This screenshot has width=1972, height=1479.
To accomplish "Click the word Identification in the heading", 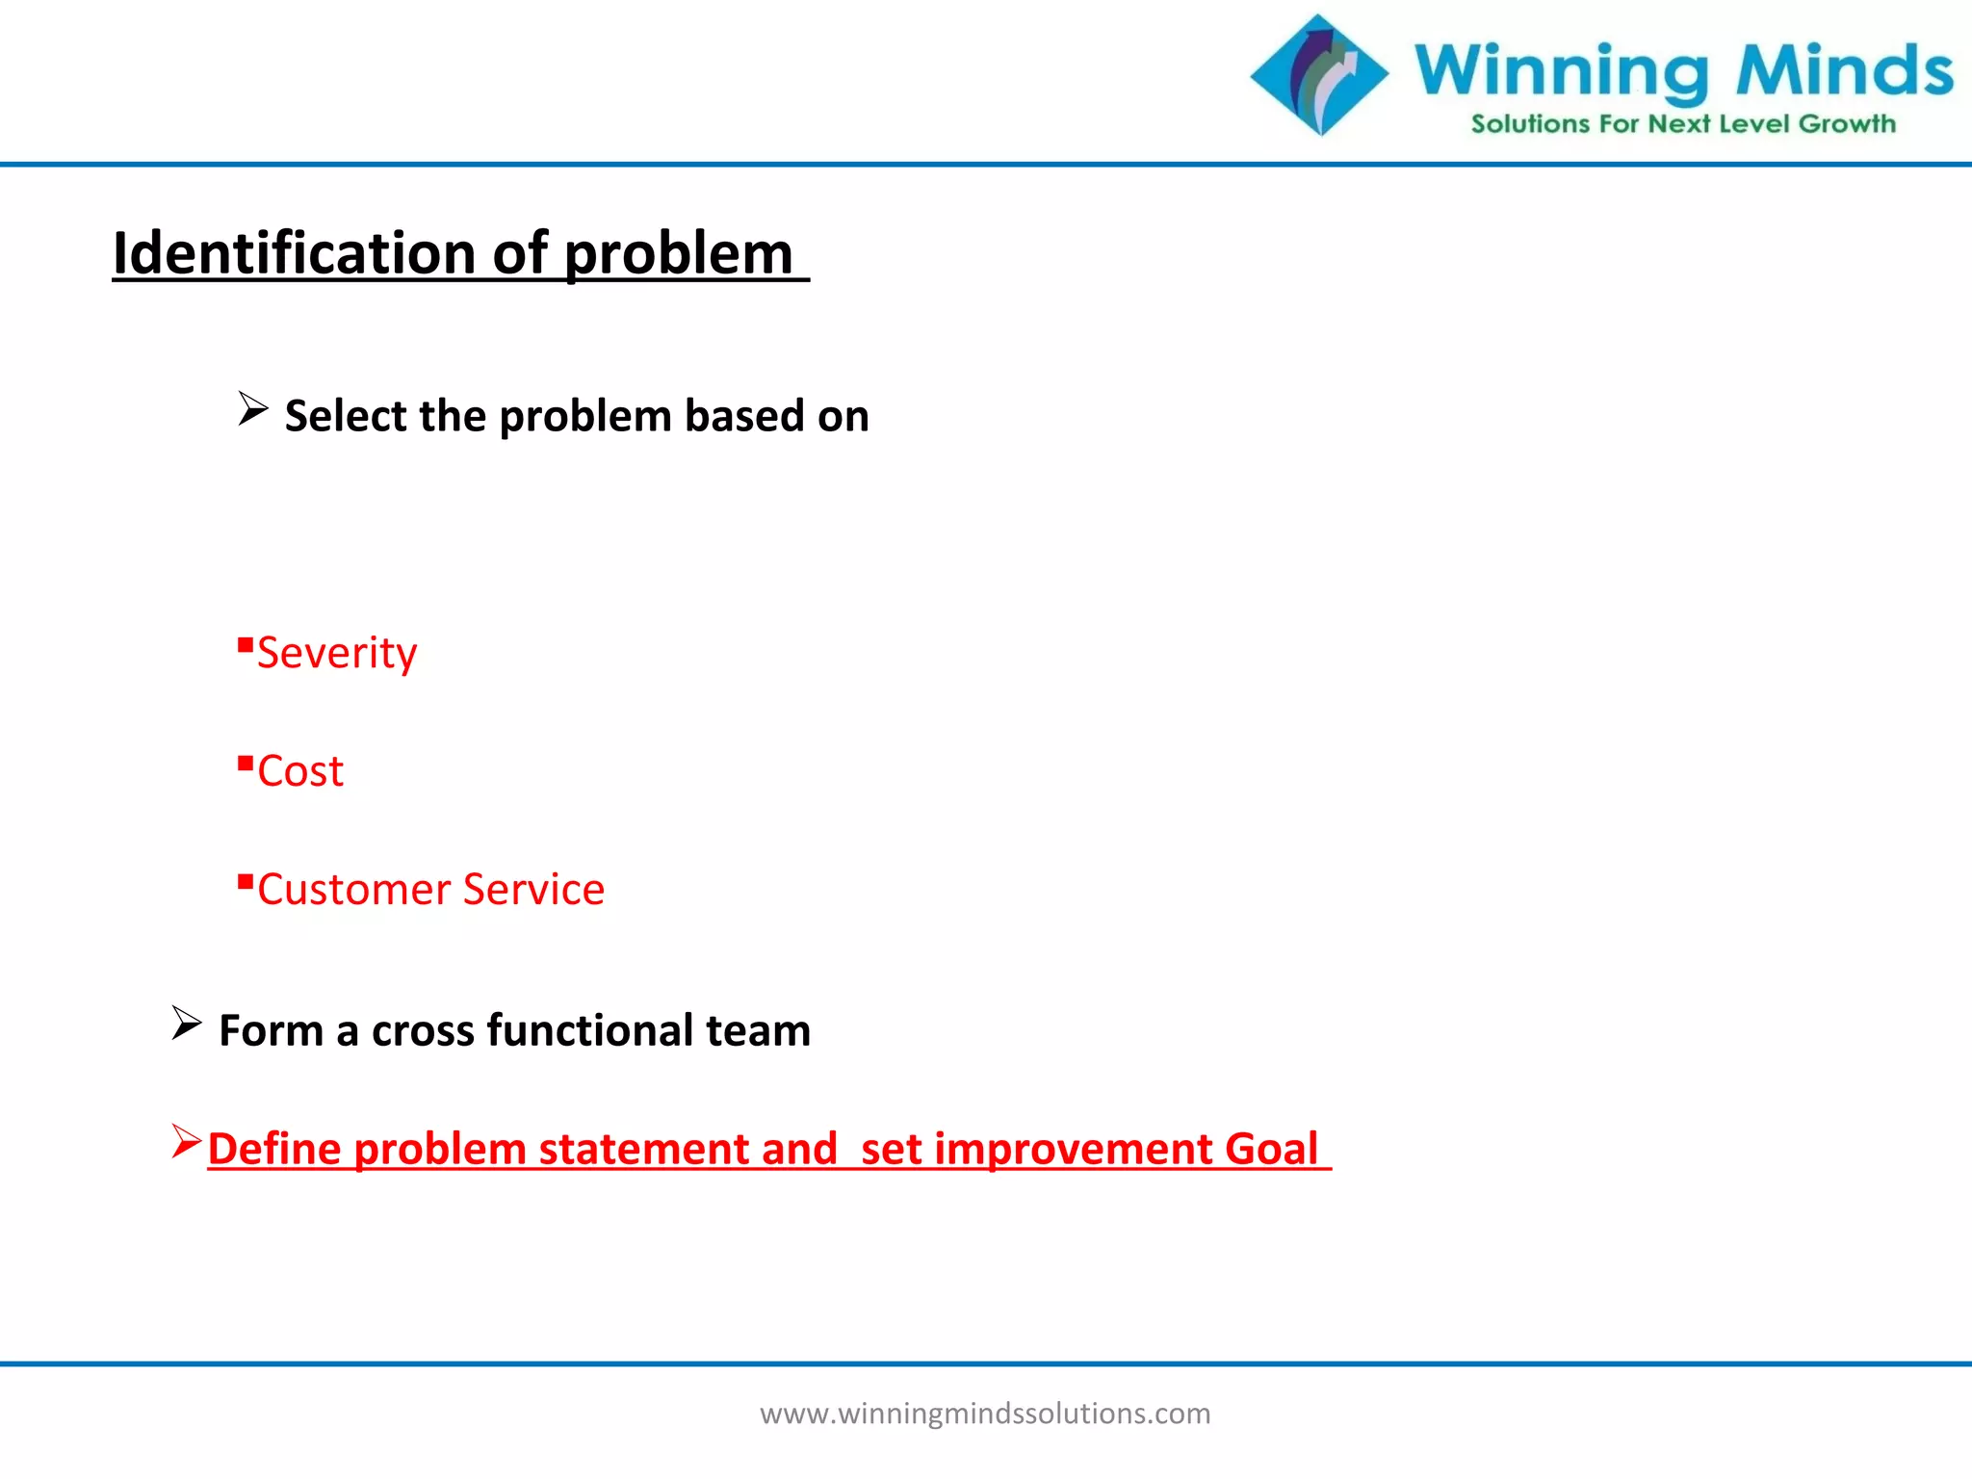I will tap(295, 253).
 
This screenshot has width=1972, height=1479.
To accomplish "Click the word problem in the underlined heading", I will tap(678, 255).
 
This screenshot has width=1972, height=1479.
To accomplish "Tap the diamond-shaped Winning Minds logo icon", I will tap(1319, 75).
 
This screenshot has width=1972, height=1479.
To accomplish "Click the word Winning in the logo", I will tap(1560, 72).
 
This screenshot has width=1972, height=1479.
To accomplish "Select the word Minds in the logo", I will tap(1844, 70).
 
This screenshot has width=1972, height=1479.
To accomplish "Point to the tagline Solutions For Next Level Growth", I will tap(1683, 124).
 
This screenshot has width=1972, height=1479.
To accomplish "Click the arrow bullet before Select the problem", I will tap(252, 409).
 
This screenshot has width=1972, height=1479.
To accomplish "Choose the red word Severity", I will tap(337, 653).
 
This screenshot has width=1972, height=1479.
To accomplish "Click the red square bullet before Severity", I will tap(245, 644).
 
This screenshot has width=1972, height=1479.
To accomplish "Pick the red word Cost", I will tap(300, 771).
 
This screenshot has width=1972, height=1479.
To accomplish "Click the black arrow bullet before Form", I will tap(186, 1023).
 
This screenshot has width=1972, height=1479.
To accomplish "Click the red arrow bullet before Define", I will tap(186, 1141).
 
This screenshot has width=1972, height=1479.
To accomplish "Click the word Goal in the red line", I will tap(1271, 1149).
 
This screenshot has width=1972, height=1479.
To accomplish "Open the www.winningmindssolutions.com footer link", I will tap(985, 1414).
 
